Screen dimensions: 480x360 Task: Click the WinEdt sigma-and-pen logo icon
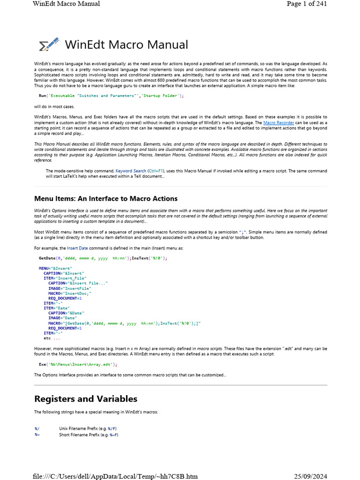pyautogui.click(x=49, y=45)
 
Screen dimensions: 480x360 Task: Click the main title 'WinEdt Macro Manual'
pyautogui.click(x=126, y=45)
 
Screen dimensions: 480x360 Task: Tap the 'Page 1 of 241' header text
pyautogui.click(x=307, y=4)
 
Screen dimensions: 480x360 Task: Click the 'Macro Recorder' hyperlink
pyautogui.click(x=279, y=122)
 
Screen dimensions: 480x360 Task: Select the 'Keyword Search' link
pyautogui.click(x=131, y=171)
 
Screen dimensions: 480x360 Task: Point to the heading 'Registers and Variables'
pyautogui.click(x=86, y=399)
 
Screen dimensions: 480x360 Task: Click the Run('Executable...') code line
pyautogui.click(x=111, y=96)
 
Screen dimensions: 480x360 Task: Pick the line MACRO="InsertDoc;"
pyautogui.click(x=69, y=293)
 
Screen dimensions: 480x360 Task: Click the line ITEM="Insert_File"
pyautogui.click(x=65, y=278)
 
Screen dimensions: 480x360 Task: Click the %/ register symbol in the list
pyautogui.click(x=37, y=428)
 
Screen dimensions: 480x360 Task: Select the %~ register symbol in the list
pyautogui.click(x=37, y=435)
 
